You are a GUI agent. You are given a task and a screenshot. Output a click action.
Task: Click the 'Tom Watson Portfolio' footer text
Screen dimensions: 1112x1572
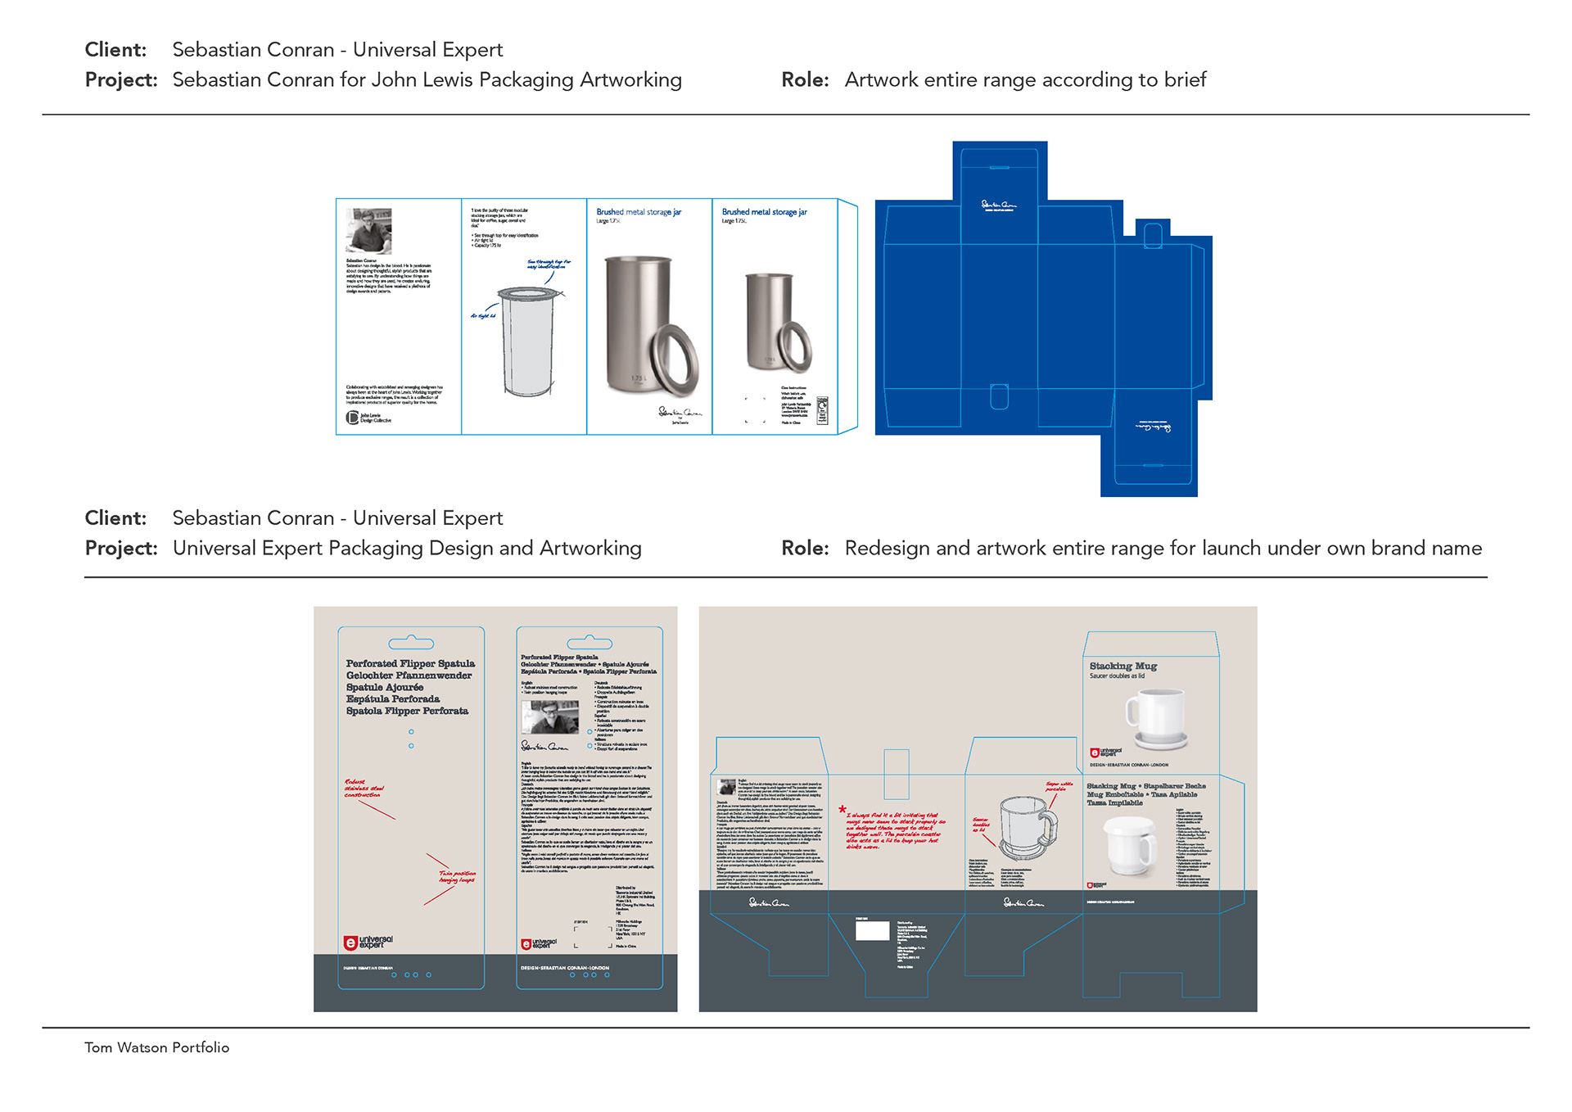click(156, 1047)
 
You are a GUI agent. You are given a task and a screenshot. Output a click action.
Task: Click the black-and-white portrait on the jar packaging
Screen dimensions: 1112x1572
click(368, 231)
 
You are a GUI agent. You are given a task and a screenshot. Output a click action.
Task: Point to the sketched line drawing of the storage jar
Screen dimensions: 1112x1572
click(525, 340)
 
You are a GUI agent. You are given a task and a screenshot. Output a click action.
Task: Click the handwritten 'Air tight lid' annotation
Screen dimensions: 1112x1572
click(482, 315)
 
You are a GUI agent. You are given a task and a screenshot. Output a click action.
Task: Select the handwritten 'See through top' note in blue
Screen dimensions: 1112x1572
click(549, 264)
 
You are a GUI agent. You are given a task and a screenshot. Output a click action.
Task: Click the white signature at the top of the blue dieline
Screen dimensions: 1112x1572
click(999, 205)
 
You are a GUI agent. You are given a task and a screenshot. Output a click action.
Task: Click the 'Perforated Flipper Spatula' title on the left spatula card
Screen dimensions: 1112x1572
click(410, 663)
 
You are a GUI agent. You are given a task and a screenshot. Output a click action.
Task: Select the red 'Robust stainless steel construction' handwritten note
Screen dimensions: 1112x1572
click(364, 789)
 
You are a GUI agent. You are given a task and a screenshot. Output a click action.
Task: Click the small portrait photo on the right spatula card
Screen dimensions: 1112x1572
click(549, 717)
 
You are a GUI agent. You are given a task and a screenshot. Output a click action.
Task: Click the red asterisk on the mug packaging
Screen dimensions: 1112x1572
click(842, 810)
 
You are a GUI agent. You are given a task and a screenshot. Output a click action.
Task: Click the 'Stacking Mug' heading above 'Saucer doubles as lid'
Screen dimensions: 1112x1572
click(1123, 666)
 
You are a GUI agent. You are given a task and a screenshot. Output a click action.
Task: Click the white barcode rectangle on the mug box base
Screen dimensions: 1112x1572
click(872, 930)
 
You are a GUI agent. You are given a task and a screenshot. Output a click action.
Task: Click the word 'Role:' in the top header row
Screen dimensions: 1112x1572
click(805, 79)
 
